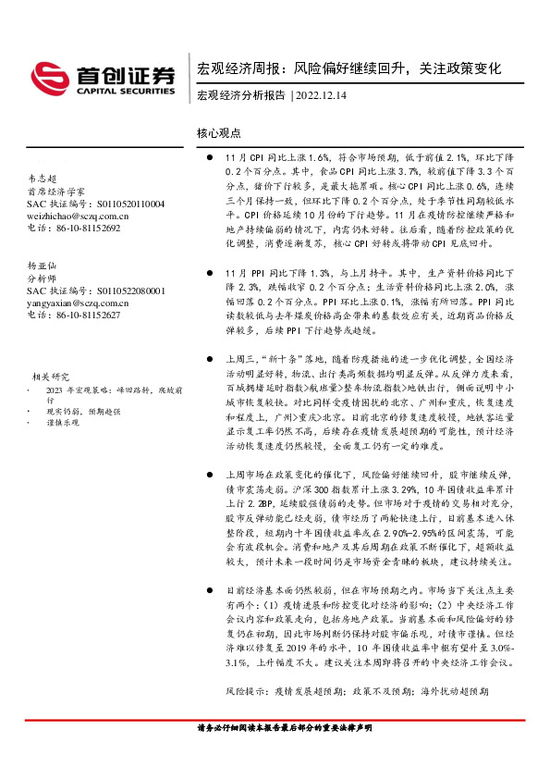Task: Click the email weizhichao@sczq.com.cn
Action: pyautogui.click(x=78, y=216)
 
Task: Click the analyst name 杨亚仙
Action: pyautogui.click(x=40, y=265)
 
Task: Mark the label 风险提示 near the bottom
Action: pyautogui.click(x=245, y=691)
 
